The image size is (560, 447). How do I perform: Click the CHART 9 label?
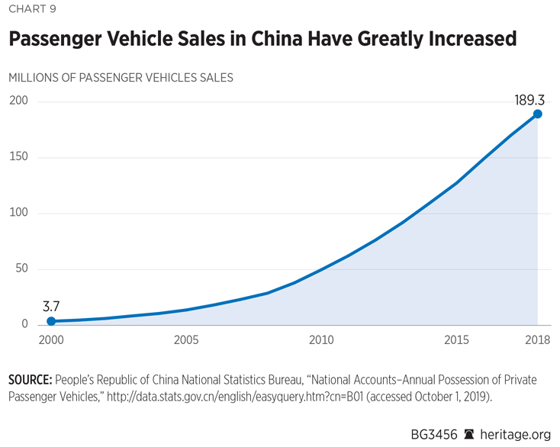pos(32,9)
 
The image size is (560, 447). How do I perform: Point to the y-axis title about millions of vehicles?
pos(121,77)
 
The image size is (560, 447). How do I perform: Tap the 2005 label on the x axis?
pos(187,339)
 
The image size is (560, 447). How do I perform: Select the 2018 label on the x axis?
pos(536,339)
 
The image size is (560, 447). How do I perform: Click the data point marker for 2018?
pos(537,114)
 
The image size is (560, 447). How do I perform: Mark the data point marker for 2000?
pos(51,321)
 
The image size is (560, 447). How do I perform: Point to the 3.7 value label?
pos(51,307)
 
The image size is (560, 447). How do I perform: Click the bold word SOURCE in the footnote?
pos(31,379)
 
